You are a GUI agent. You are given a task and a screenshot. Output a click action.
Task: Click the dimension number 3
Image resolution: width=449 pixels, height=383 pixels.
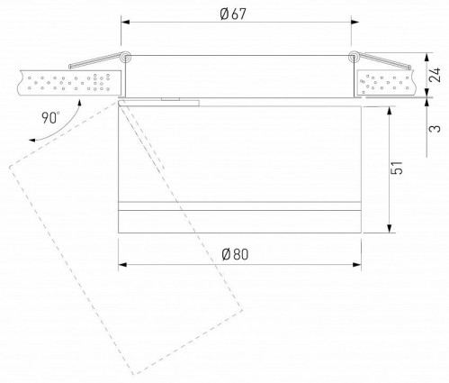pos(435,128)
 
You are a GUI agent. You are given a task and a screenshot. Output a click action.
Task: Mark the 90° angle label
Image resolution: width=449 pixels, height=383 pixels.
pos(50,118)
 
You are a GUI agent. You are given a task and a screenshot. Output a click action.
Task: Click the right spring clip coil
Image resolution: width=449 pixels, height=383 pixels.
pos(354,59)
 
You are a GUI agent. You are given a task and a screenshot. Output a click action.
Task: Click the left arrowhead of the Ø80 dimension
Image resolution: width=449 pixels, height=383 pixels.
pos(122,264)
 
